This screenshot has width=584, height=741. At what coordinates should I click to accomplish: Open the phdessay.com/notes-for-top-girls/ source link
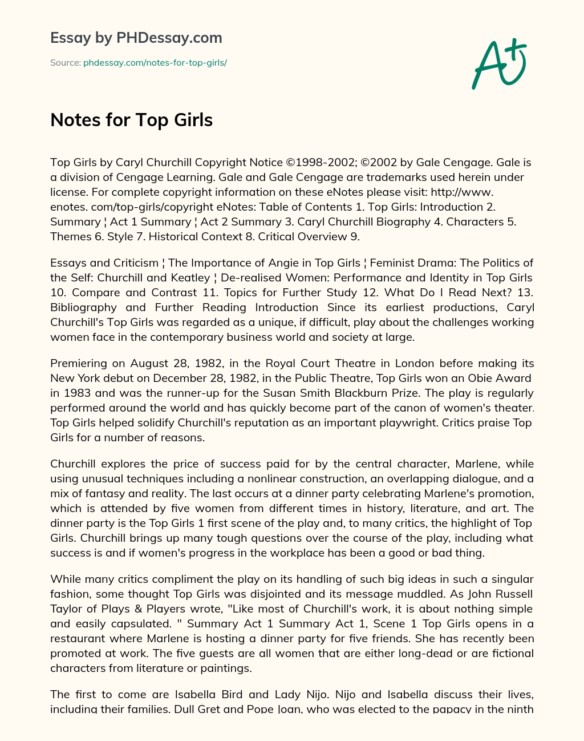(155, 63)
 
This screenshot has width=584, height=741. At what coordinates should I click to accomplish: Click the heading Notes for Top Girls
(131, 120)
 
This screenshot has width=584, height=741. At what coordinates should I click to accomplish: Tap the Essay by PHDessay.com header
(136, 38)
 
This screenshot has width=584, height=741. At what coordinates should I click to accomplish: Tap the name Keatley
(190, 277)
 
